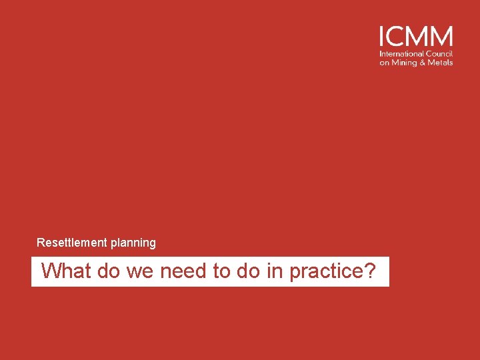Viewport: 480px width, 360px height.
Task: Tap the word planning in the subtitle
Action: click(133, 243)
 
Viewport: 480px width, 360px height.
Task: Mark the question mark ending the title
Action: click(370, 271)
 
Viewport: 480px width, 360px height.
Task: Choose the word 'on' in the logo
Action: click(384, 63)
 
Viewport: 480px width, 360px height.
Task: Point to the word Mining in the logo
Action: click(404, 63)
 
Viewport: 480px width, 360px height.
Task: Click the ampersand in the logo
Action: click(423, 63)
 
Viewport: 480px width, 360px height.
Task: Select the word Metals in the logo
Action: click(441, 63)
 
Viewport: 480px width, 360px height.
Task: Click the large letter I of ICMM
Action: click(382, 36)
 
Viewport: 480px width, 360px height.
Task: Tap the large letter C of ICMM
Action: click(395, 36)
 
